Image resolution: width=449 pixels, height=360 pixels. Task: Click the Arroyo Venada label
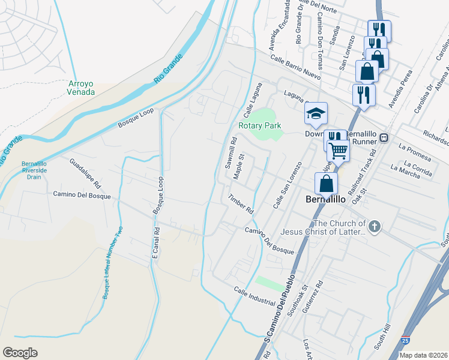pyautogui.click(x=82, y=88)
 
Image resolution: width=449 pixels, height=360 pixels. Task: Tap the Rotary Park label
pyautogui.click(x=259, y=126)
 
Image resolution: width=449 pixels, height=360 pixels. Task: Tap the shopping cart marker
pyautogui.click(x=339, y=151)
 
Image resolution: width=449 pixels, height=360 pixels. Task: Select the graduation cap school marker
pyautogui.click(x=316, y=112)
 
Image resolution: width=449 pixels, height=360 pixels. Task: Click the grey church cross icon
pyautogui.click(x=375, y=226)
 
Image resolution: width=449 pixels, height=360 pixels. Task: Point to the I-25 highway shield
pyautogui.click(x=407, y=340)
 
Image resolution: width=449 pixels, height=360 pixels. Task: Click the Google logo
pyautogui.click(x=20, y=352)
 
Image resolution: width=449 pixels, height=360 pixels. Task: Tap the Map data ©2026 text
pyautogui.click(x=423, y=355)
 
